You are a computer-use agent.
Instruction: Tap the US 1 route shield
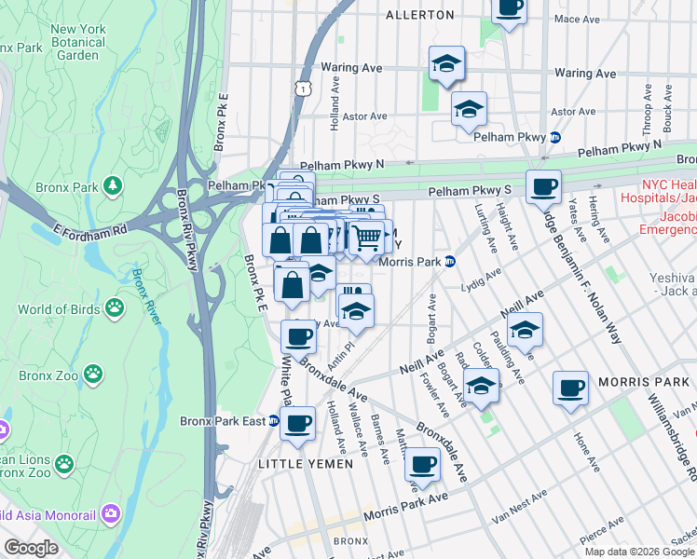[302, 89]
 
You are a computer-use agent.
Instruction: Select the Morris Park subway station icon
[449, 262]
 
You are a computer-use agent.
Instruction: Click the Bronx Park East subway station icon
[274, 421]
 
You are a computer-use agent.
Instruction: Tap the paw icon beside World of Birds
[114, 307]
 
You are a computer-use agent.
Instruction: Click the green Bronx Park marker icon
[113, 187]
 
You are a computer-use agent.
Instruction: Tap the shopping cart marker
[367, 238]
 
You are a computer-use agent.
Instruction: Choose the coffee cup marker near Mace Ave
[509, 8]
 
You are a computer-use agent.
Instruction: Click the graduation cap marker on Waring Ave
[446, 64]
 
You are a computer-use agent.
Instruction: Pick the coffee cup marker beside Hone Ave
[570, 389]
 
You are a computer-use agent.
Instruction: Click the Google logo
[32, 548]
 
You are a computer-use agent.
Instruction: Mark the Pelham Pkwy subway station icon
[554, 136]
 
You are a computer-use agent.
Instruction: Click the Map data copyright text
[639, 552]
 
